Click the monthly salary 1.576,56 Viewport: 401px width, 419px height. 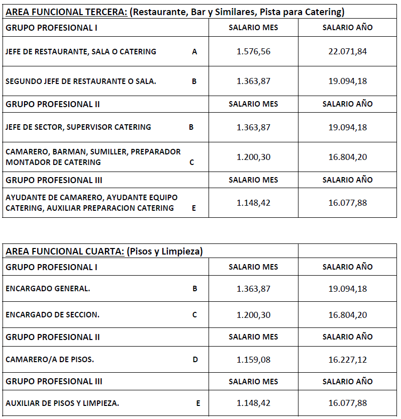coord(253,51)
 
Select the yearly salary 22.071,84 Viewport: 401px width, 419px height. coord(347,51)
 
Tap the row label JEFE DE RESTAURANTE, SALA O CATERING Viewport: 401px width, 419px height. coord(81,51)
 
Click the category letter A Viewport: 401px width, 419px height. coord(194,51)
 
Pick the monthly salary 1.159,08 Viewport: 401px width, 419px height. coord(253,360)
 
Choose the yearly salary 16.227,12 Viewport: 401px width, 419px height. coord(347,360)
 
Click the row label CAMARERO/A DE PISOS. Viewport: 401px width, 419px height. coord(50,360)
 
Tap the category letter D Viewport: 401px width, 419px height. coord(195,360)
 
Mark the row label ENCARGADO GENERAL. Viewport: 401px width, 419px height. coord(48,289)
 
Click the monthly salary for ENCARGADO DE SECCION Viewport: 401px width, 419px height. coord(253,315)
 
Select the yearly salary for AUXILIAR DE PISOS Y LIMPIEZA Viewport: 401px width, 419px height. coord(347,403)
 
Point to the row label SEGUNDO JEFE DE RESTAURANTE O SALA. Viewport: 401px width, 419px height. coord(80,81)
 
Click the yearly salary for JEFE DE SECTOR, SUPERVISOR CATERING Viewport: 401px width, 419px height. coord(347,127)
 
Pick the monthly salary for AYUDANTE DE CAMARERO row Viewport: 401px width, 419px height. coord(253,203)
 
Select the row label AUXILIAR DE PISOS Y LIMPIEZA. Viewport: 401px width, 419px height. coord(62,403)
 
